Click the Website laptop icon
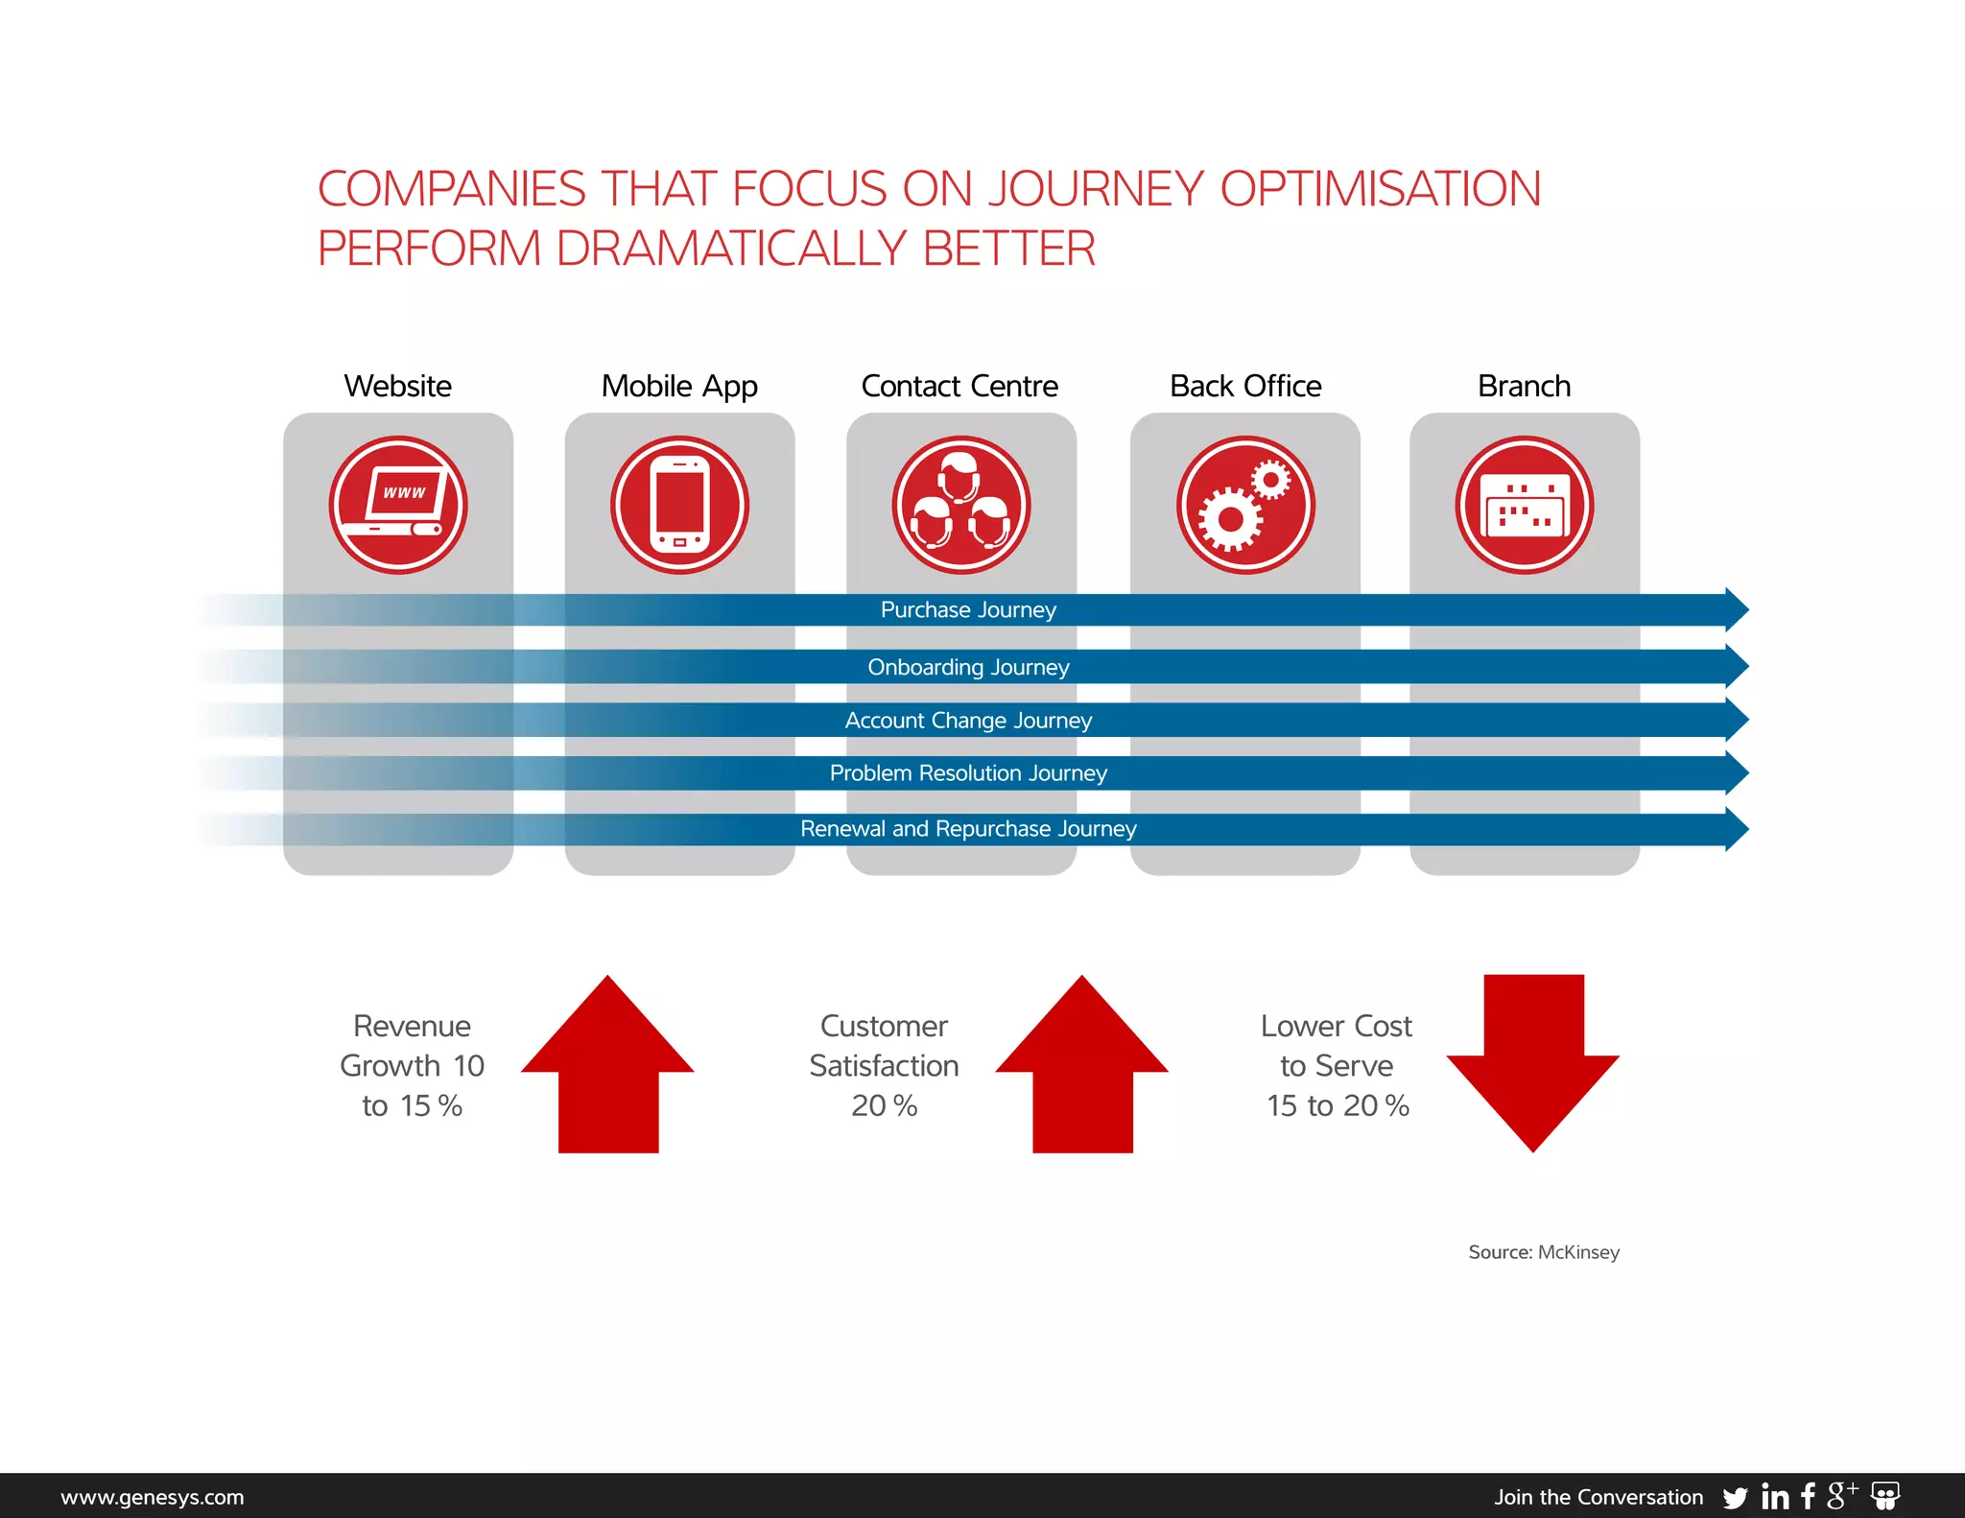point(398,505)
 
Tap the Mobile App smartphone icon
point(679,505)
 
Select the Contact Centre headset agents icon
point(960,505)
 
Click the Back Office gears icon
point(1245,505)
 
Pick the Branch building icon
point(1524,505)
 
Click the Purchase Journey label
point(968,610)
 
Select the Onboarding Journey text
point(968,667)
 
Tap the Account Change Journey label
point(968,721)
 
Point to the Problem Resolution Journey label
point(968,773)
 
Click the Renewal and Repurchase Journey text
point(968,829)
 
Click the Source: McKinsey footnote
point(1543,1252)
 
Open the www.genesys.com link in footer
point(153,1497)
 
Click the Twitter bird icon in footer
point(1735,1498)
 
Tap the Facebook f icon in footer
point(1808,1496)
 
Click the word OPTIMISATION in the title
point(1380,189)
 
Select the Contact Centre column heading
point(959,386)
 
